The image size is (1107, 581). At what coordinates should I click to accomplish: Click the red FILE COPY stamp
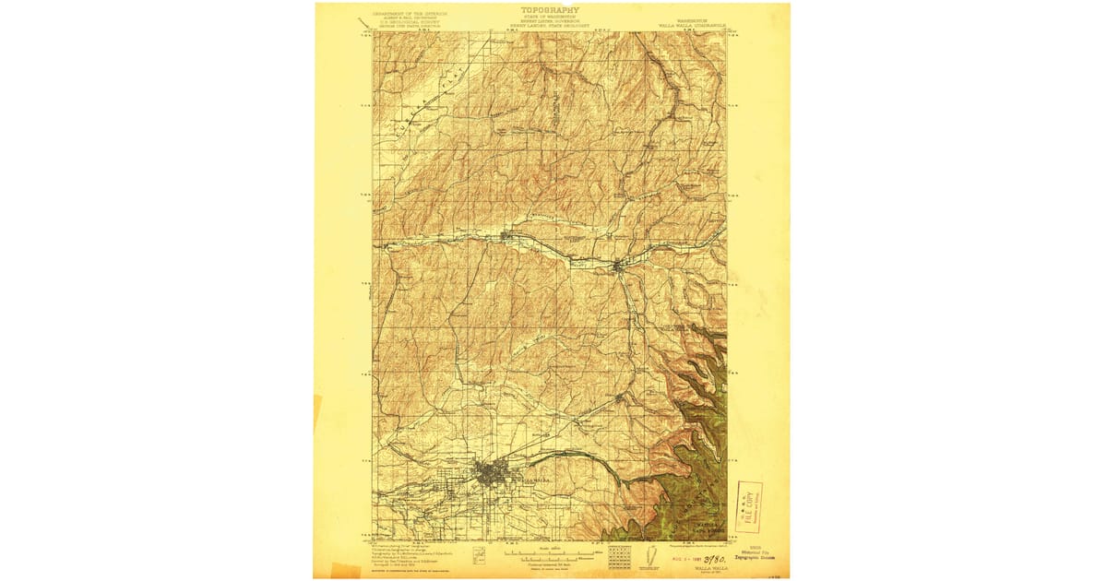pyautogui.click(x=748, y=507)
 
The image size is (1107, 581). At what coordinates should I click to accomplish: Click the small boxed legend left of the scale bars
pyautogui.click(x=479, y=557)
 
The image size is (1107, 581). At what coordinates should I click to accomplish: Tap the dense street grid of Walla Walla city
pyautogui.click(x=489, y=476)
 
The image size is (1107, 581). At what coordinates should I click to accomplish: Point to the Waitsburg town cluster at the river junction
pyautogui.click(x=619, y=267)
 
